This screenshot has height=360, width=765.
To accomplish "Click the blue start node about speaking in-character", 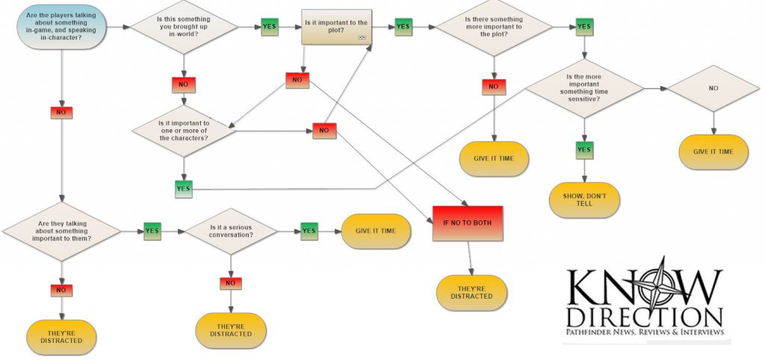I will pos(61,28).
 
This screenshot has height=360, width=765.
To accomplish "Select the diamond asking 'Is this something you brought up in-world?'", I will pos(184,28).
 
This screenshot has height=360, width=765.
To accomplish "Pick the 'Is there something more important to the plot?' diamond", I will pos(495,28).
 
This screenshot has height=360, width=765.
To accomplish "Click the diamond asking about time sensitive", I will pos(585,88).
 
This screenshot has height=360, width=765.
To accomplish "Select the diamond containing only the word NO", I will pos(713,88).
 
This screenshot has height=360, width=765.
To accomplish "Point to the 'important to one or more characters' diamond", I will pos(184,131).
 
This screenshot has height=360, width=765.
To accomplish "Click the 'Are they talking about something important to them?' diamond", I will pos(62,231).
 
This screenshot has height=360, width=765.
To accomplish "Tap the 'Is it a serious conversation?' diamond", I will pos(231,232).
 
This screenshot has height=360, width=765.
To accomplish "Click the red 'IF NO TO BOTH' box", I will pos(468,223).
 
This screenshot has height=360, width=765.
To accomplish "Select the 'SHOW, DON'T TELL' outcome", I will pos(585,199).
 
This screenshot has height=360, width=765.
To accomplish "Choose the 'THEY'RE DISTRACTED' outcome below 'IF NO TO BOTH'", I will pos(471,292).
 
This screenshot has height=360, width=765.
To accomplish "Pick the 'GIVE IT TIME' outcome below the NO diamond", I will pos(713,152).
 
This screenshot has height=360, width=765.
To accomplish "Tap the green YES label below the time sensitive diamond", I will pos(584,149).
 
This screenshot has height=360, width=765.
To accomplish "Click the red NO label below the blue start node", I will pos(61,112).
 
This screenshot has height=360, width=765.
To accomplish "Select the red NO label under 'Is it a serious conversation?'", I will pos(231,283).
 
